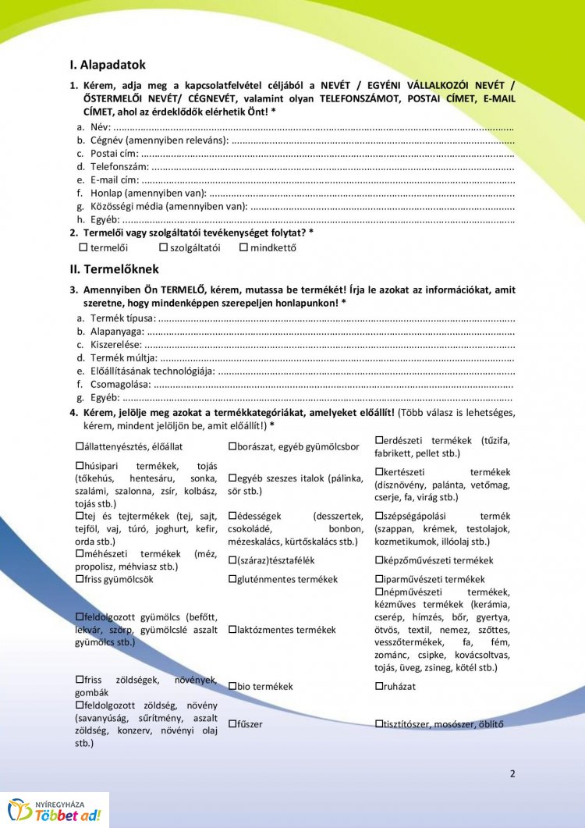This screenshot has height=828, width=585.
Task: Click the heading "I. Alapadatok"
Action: [x=107, y=66]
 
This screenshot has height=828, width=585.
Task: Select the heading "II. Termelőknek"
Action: [x=114, y=269]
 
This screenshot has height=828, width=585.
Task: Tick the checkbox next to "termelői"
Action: [x=84, y=248]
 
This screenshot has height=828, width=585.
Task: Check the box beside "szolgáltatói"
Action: [x=163, y=248]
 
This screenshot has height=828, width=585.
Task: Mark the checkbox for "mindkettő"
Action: [x=243, y=248]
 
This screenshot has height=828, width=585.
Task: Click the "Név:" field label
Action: [x=101, y=126]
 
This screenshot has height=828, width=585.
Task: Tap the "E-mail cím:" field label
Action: [x=115, y=179]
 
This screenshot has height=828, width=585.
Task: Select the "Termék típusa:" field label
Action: [x=122, y=318]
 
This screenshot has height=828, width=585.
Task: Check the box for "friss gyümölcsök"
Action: [x=80, y=579]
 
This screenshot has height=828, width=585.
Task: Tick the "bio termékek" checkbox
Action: [x=232, y=687]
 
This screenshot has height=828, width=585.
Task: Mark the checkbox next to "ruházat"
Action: [x=379, y=687]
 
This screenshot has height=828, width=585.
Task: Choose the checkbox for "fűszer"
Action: [x=232, y=724]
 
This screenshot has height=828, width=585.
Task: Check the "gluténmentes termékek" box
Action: [x=232, y=579]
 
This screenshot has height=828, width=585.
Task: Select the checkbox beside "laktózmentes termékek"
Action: [x=232, y=630]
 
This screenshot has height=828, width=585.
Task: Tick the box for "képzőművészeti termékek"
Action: [x=379, y=560]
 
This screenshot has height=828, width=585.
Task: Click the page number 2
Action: [x=512, y=774]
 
